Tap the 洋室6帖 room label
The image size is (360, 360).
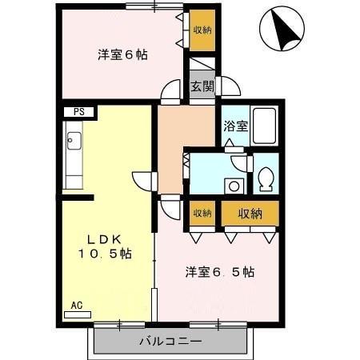(122, 55)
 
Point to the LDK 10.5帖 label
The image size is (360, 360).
(105, 246)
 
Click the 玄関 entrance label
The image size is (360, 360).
(202, 87)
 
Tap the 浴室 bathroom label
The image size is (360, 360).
(235, 126)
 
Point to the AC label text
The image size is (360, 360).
(77, 305)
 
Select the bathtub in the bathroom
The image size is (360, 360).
(265, 125)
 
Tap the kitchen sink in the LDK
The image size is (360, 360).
(74, 144)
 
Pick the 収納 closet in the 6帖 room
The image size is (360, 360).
(202, 30)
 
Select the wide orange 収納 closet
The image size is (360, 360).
(250, 213)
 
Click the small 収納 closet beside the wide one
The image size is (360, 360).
(202, 213)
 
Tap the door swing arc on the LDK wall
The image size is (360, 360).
(142, 181)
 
